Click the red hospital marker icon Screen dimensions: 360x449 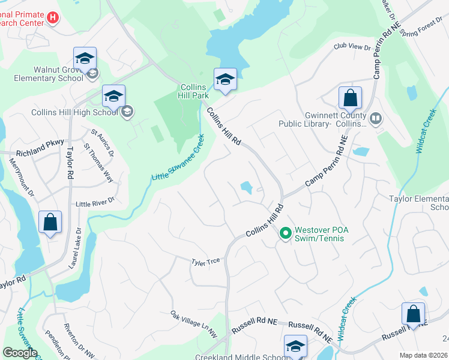52,19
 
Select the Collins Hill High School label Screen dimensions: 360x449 74,112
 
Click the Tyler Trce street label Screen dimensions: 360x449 206,262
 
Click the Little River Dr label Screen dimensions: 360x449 95,205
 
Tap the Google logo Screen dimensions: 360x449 20,353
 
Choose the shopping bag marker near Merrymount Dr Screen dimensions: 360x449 50,221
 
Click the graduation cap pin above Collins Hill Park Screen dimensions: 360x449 225,79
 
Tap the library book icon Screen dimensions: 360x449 376,119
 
